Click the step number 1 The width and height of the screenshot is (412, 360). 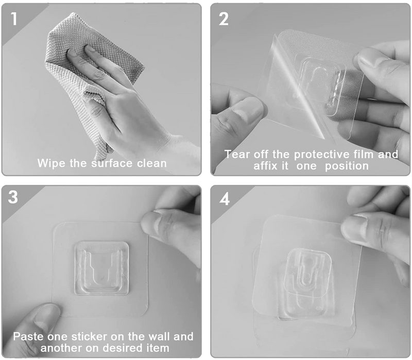14,19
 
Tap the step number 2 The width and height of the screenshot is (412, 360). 224,19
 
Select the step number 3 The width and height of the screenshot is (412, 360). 14,198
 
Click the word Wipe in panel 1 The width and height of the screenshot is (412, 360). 51,164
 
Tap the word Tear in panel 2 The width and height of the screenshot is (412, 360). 236,154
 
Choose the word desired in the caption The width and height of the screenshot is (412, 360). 121,348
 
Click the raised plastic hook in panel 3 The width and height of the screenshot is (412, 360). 101,266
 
